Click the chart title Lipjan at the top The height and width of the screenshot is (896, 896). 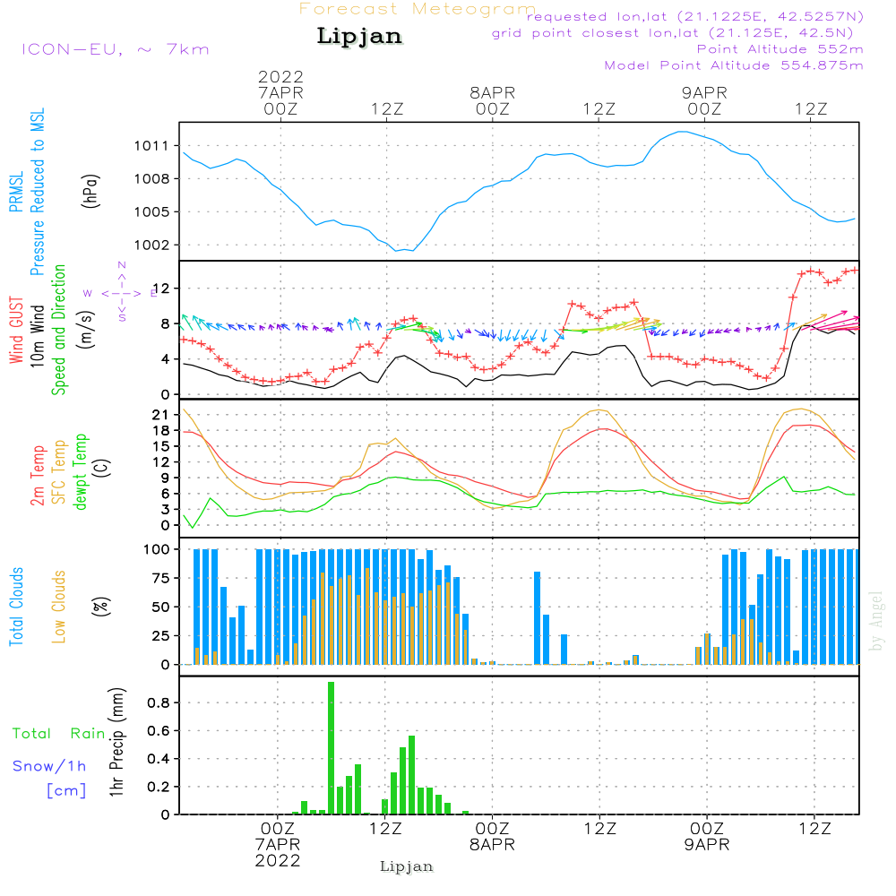pyautogui.click(x=359, y=36)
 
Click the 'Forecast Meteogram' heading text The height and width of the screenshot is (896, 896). pyautogui.click(x=418, y=9)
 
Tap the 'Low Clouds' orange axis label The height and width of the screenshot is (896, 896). pyautogui.click(x=59, y=606)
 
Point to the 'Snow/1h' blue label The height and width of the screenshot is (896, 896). pyautogui.click(x=49, y=766)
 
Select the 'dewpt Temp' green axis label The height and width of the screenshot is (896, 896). pyautogui.click(x=81, y=472)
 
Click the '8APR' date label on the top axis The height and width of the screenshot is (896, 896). pyautogui.click(x=492, y=92)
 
